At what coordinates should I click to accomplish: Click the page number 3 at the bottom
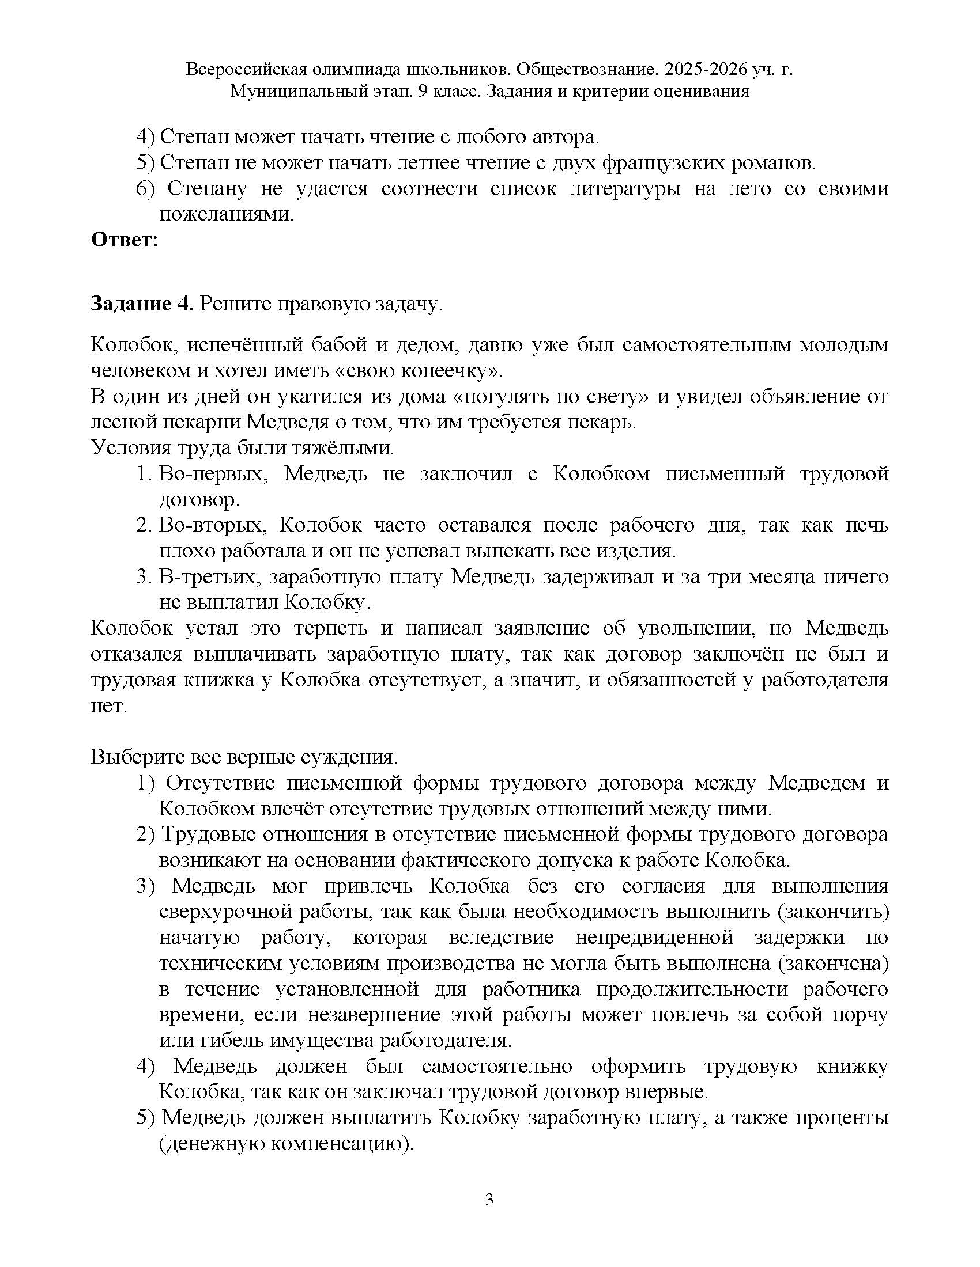(489, 1200)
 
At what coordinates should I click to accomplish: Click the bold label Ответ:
(125, 240)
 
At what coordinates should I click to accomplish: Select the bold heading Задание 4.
(141, 304)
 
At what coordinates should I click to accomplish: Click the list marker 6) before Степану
(146, 188)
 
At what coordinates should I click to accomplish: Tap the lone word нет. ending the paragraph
(108, 706)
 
